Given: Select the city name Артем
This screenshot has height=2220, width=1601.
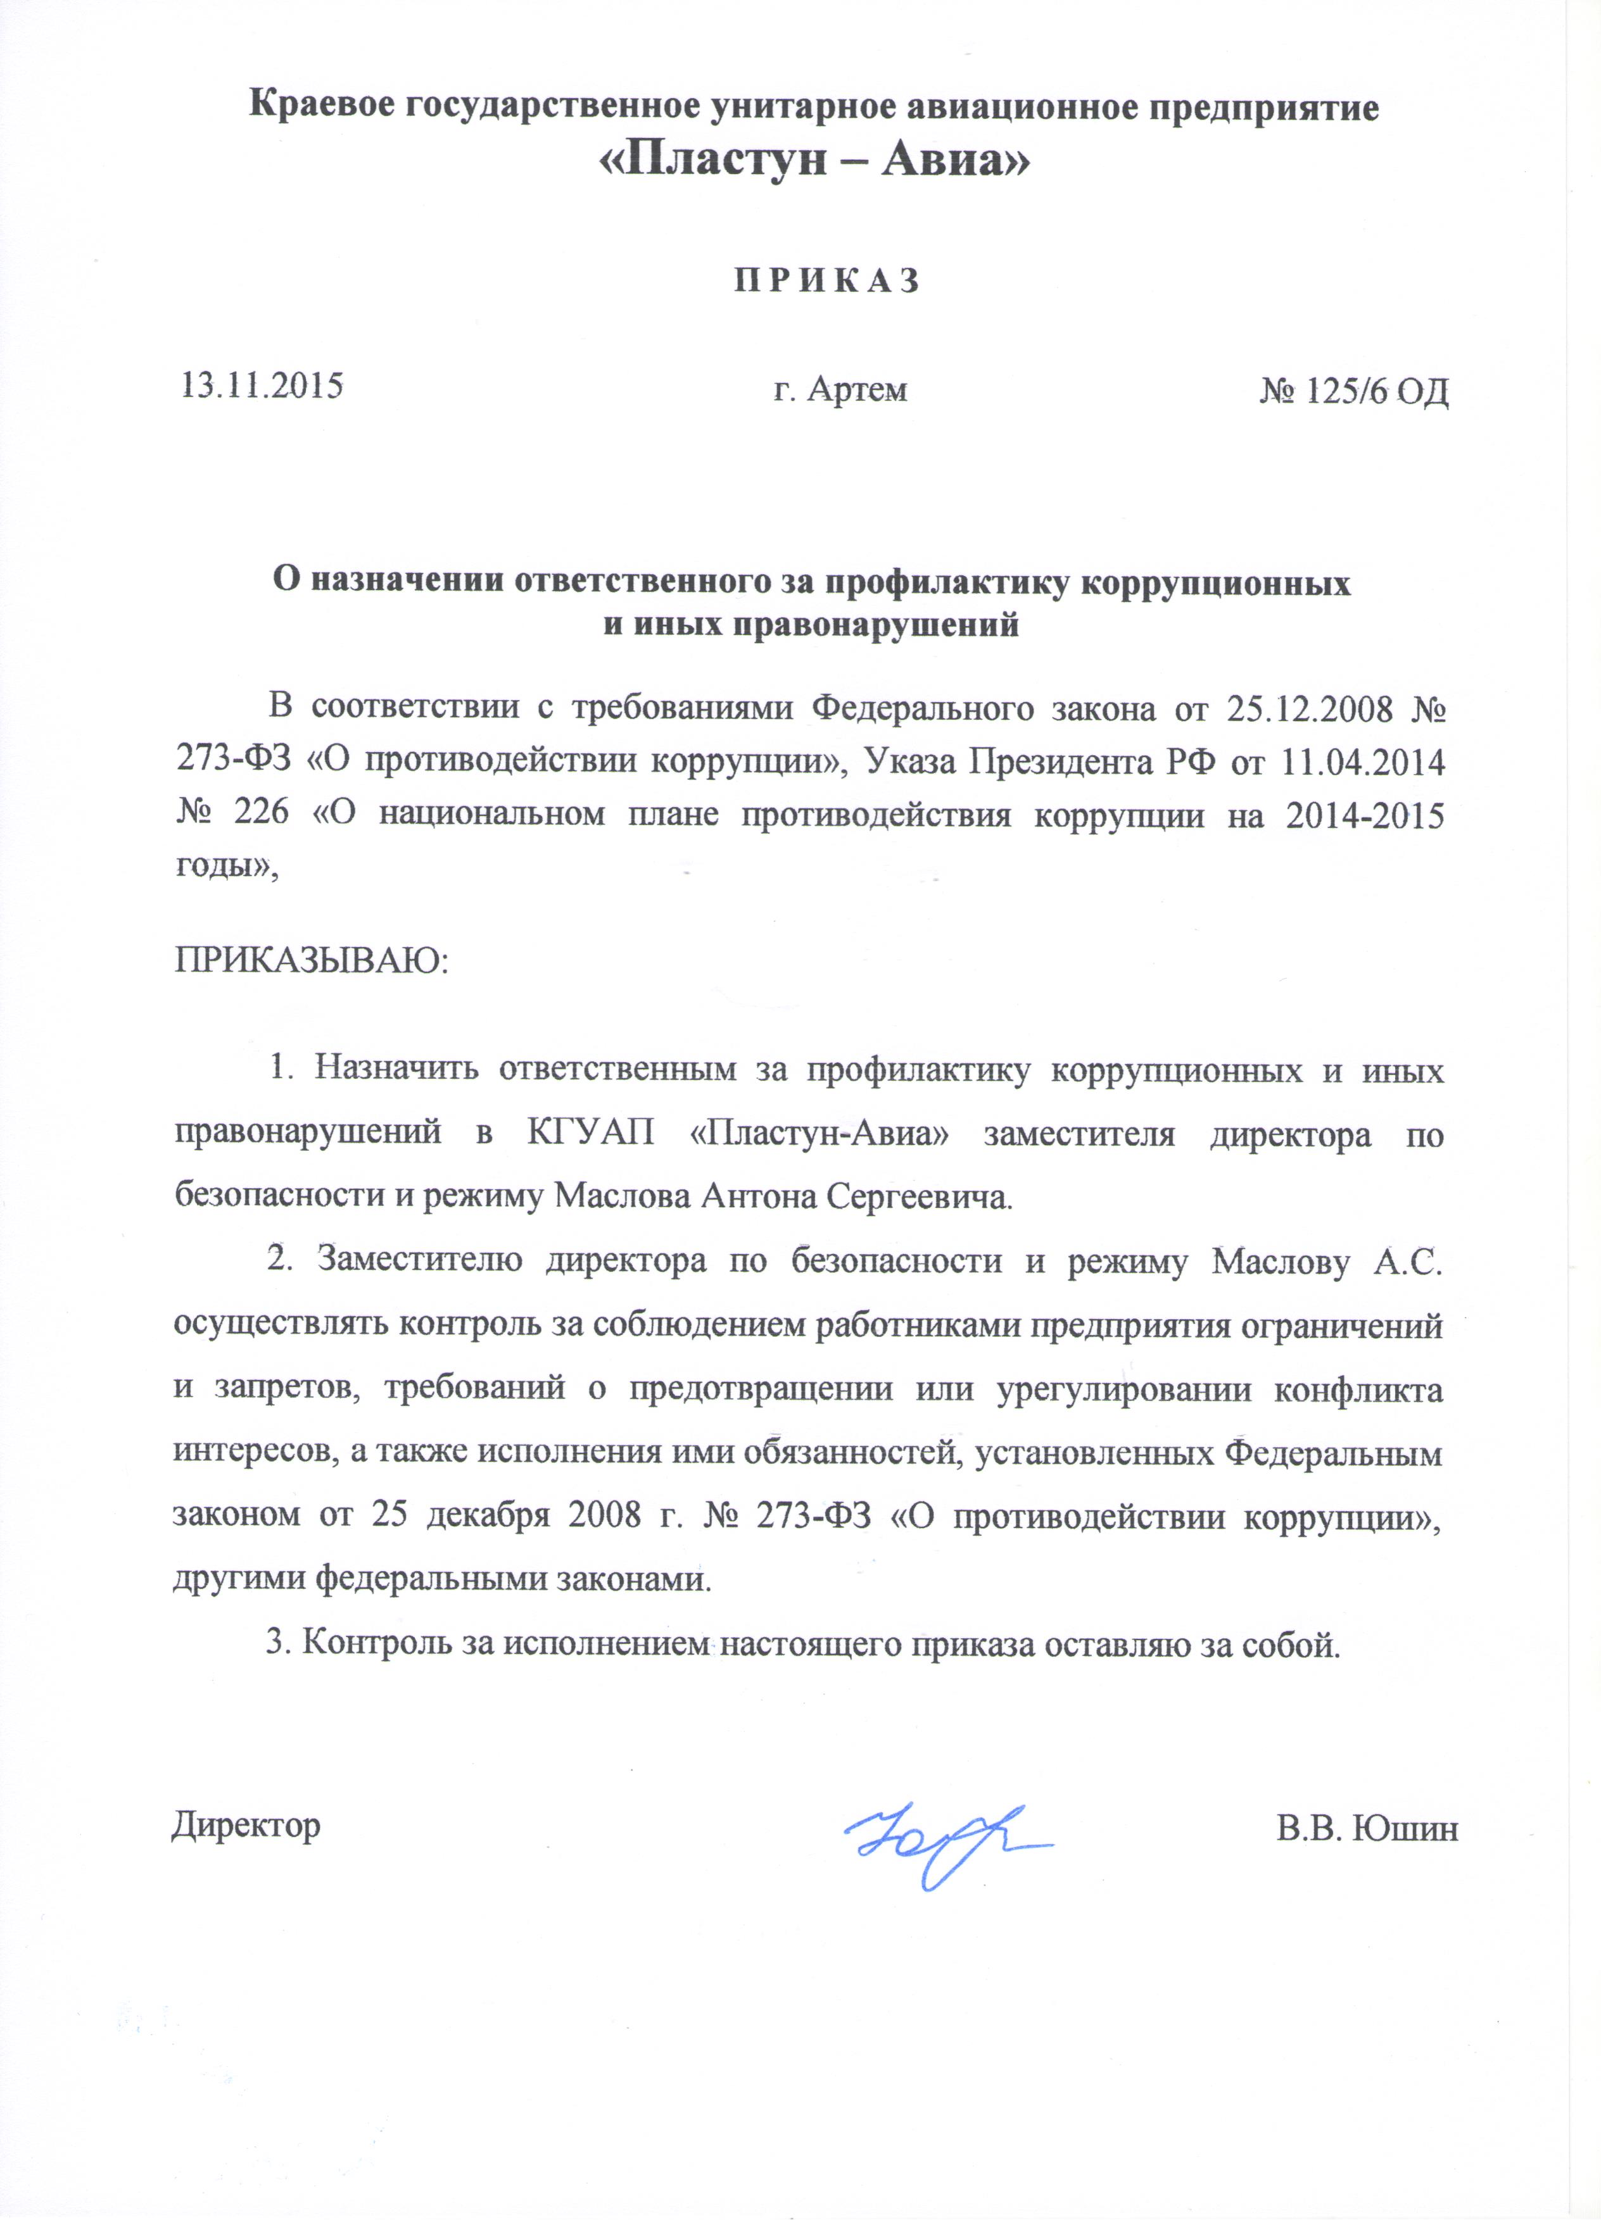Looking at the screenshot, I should (x=857, y=389).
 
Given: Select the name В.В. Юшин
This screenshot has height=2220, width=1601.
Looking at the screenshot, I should (x=1367, y=1828).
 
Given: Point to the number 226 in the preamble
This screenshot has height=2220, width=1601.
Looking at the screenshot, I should (x=260, y=815).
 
